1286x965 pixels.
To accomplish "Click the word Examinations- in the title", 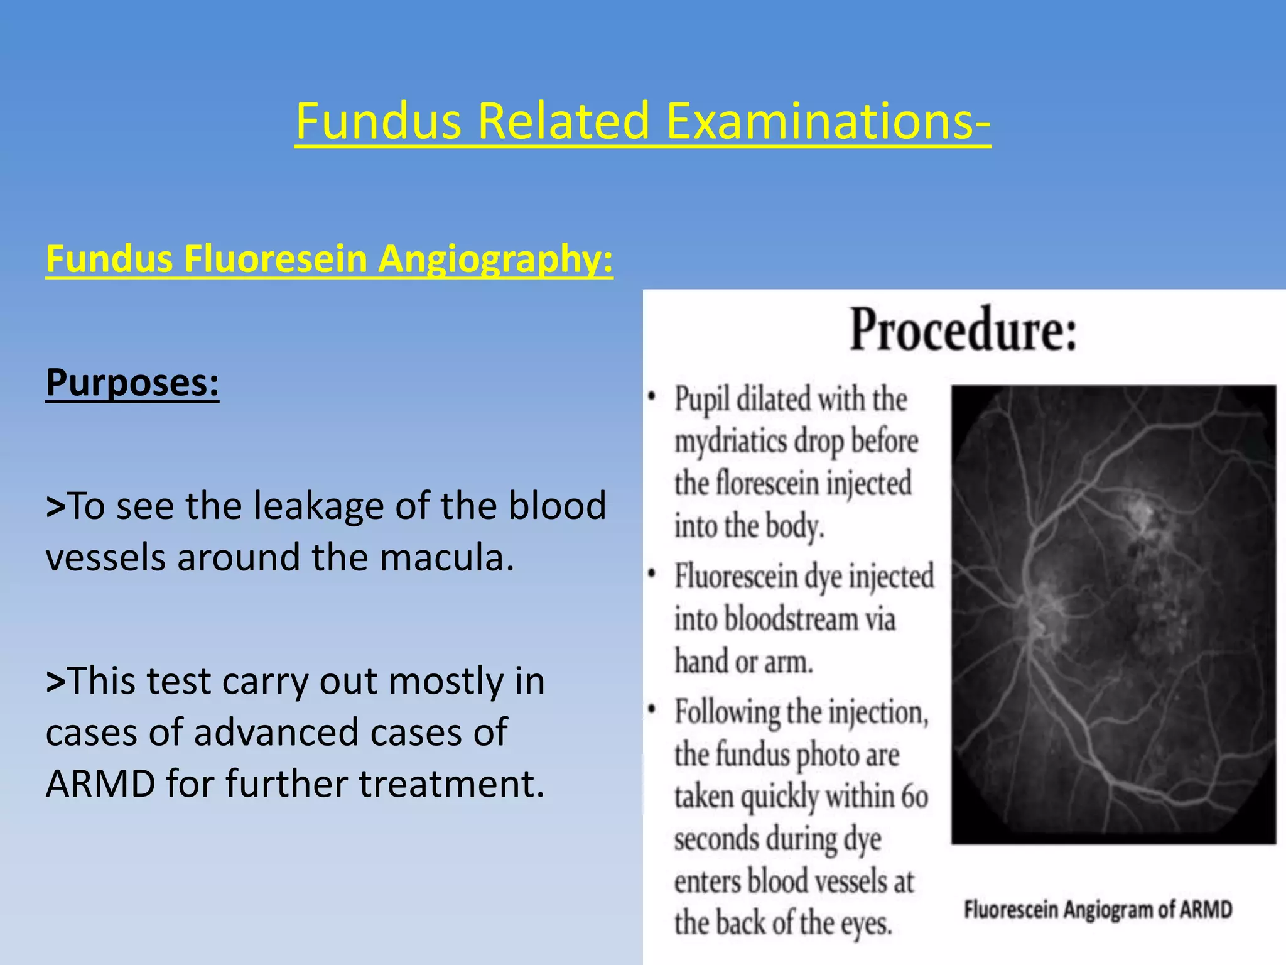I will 828,121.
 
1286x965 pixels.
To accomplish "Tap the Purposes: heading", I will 132,382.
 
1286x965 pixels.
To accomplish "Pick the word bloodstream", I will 791,619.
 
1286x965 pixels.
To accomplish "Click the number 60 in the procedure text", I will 914,797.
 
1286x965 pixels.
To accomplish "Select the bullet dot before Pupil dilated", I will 652,398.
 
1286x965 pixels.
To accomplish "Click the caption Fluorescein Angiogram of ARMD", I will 1098,910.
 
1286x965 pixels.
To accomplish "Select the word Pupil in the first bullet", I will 702,400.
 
